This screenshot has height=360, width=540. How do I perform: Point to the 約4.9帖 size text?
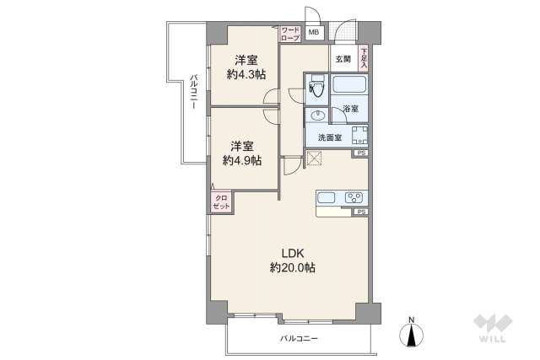click(242, 159)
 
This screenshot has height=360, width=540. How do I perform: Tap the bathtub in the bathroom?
click(349, 85)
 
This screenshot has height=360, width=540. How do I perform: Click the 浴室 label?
click(349, 110)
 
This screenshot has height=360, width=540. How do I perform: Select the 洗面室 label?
click(330, 137)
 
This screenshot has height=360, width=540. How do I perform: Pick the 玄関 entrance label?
click(342, 59)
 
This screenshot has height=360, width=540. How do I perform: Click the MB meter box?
click(314, 34)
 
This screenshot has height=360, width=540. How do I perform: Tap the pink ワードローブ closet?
click(289, 35)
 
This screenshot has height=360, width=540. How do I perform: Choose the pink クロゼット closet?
click(220, 202)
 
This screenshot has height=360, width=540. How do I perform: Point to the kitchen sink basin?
click(328, 199)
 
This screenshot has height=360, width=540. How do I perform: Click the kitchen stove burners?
click(354, 199)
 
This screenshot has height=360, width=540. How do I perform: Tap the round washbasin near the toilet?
click(317, 115)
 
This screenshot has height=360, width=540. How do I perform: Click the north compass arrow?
click(411, 334)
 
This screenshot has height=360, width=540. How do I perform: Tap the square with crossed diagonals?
click(315, 158)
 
